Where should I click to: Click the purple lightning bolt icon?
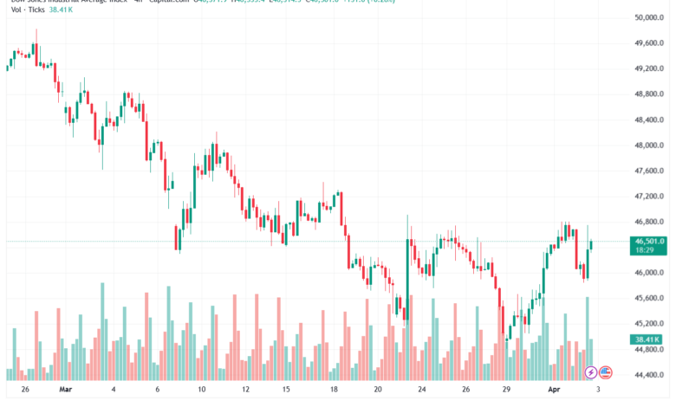click(x=591, y=372)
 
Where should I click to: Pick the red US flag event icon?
click(x=606, y=372)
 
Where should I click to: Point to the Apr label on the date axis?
click(x=555, y=390)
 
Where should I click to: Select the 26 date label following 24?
click(x=465, y=390)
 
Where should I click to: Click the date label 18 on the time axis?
click(x=334, y=390)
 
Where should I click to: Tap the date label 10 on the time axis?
click(x=201, y=390)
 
